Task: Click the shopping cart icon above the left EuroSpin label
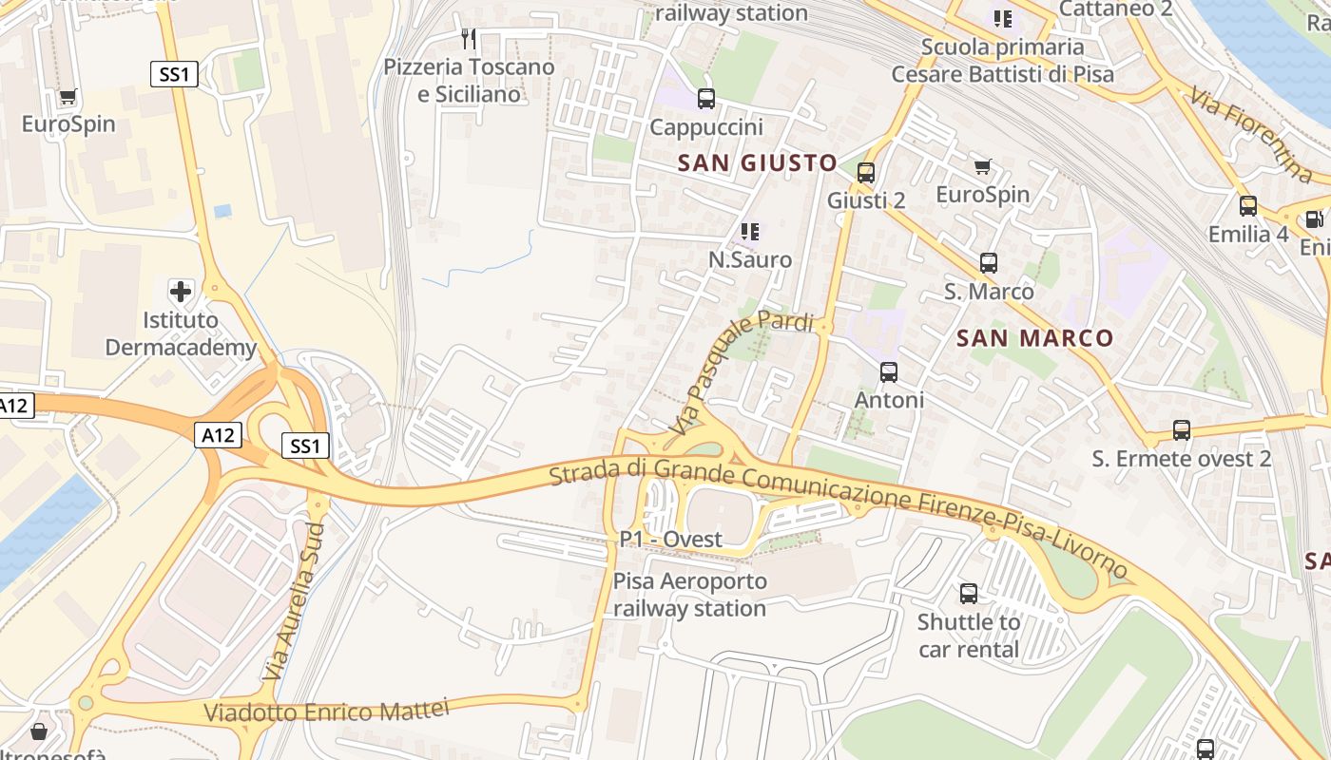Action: [68, 96]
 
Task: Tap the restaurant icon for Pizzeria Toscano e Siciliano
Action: [468, 38]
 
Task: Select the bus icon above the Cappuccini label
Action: [705, 98]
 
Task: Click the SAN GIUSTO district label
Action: [757, 162]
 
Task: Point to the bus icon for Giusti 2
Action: [865, 172]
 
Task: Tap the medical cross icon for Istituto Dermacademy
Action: [180, 291]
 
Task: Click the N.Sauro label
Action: [749, 259]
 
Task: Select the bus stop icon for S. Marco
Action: [988, 263]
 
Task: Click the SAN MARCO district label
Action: [1034, 338]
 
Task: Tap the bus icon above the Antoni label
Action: [888, 371]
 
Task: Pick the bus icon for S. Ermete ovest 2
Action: [1181, 430]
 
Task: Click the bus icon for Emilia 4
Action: [1247, 205]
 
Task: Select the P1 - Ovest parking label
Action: [670, 539]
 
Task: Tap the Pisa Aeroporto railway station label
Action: [689, 595]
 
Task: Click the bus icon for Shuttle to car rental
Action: [968, 594]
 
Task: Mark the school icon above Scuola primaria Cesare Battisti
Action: [1002, 18]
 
